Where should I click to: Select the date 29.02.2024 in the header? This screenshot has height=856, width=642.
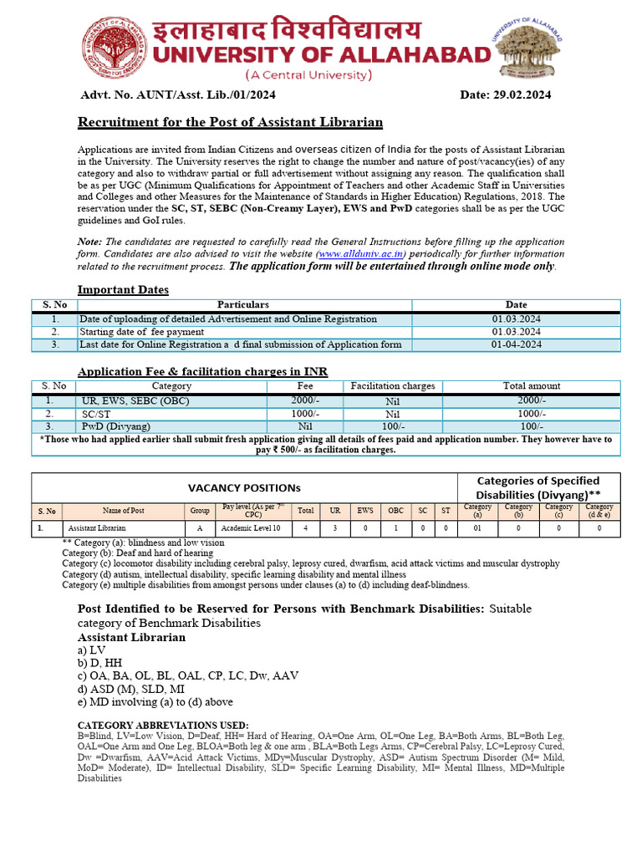pos(505,95)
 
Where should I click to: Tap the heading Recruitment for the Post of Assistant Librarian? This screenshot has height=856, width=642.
pos(230,123)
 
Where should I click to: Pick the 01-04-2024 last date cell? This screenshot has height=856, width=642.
pos(516,344)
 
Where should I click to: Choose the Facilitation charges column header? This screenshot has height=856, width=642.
pos(392,386)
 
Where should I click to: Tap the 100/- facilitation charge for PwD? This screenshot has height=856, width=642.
pos(392,426)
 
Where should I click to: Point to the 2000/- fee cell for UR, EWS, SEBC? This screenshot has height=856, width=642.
pos(305,400)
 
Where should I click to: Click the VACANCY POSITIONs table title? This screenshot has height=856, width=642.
pos(243,487)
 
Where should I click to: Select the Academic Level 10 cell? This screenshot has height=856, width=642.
pos(252,528)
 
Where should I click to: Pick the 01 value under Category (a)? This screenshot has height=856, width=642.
pos(477,528)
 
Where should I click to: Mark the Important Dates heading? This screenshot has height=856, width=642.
pos(123,290)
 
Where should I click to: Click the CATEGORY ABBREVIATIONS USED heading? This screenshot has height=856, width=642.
pos(162,724)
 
